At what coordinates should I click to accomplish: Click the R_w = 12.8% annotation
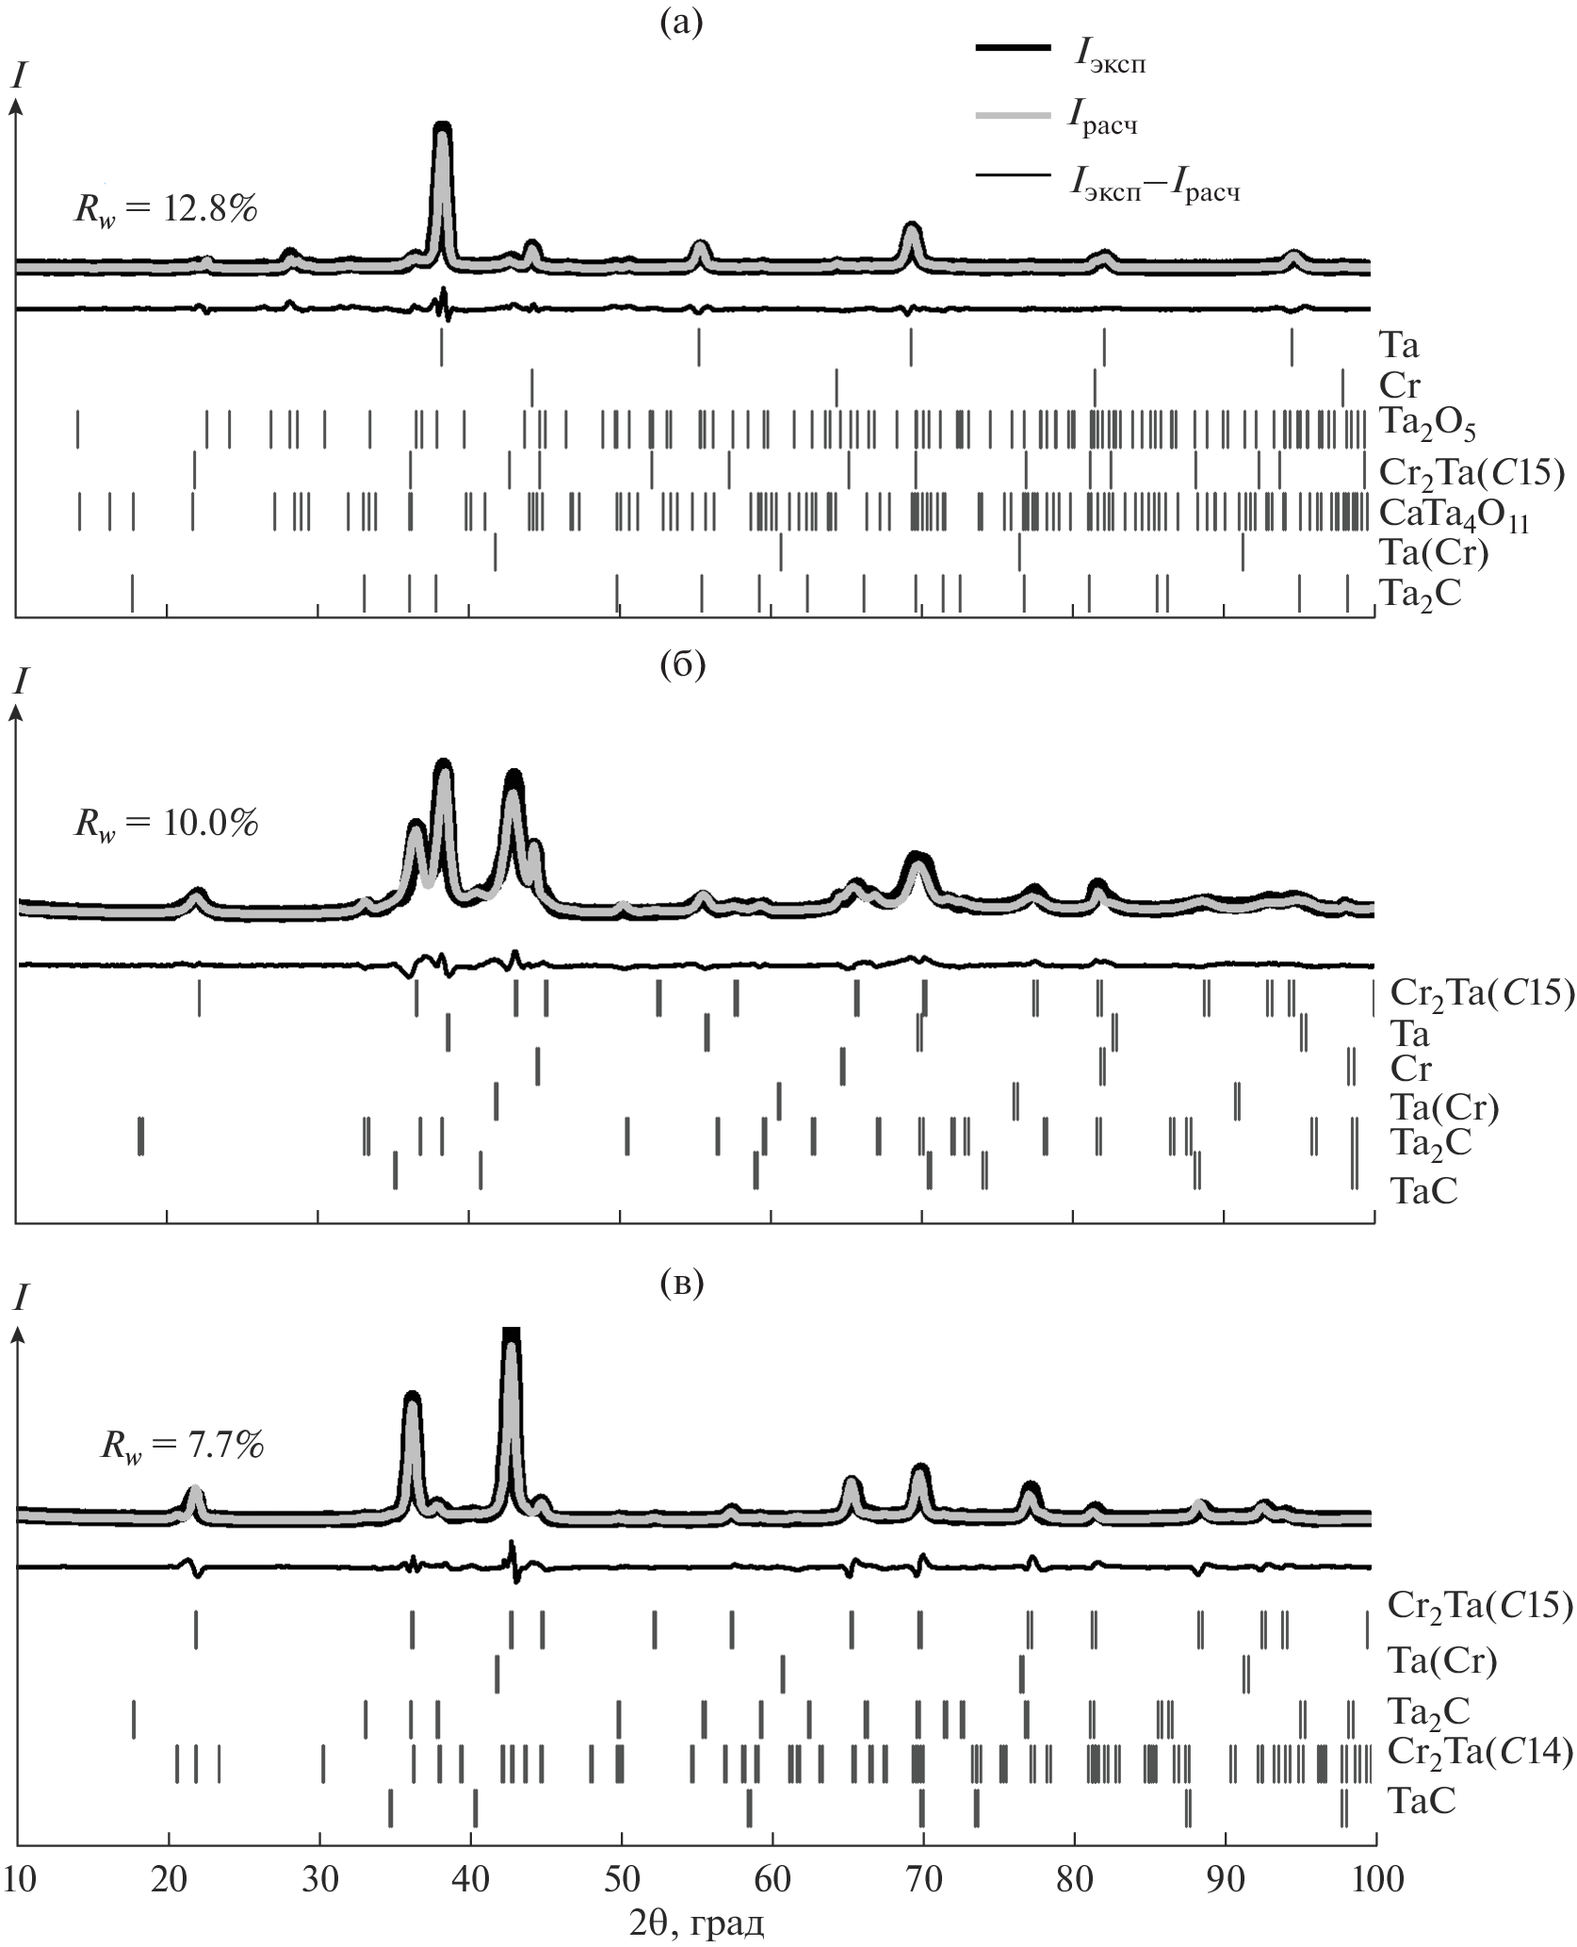(x=166, y=209)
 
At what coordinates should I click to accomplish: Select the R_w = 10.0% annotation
(x=166, y=824)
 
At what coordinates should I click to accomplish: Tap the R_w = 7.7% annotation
(x=183, y=1445)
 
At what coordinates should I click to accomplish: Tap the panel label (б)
(x=682, y=663)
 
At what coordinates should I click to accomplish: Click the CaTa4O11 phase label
(x=1453, y=517)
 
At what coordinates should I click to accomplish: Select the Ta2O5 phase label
(x=1426, y=427)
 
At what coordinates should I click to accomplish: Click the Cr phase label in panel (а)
(x=1399, y=385)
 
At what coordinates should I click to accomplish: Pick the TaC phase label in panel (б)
(x=1423, y=1190)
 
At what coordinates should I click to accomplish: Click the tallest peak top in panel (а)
(x=442, y=126)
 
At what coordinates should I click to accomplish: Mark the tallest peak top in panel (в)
(x=511, y=1331)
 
